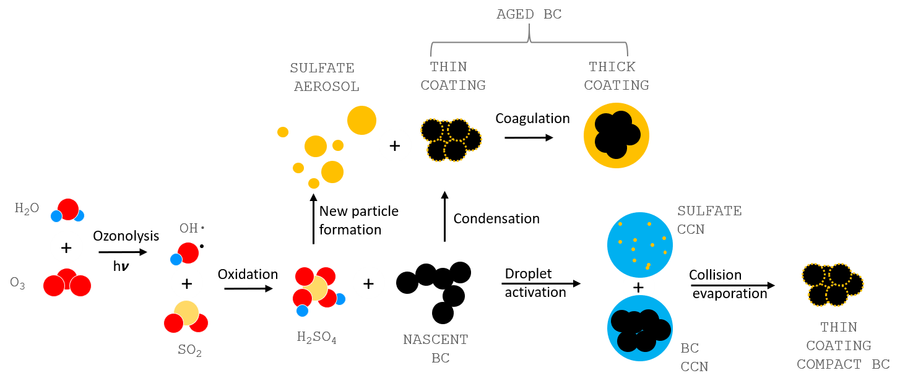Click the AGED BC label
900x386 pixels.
[529, 14]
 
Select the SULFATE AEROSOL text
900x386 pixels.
[326, 77]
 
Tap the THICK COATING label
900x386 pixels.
[615, 76]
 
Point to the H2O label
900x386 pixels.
[27, 208]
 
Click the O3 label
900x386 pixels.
[17, 284]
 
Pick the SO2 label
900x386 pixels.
[189, 350]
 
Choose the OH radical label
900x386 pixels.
[191, 228]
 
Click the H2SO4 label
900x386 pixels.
[316, 338]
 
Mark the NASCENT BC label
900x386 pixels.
[436, 348]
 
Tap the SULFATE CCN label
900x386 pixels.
[709, 220]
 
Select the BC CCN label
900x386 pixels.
[694, 358]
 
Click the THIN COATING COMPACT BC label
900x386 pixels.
[842, 346]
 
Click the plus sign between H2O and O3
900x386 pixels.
[66, 247]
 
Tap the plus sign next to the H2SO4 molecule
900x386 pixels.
[368, 283]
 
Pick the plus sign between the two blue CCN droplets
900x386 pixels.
[639, 287]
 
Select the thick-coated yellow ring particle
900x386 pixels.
[616, 135]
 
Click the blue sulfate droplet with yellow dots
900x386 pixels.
[639, 244]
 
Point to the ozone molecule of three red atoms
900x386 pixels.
[67, 283]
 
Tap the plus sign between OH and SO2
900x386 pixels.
[186, 283]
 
